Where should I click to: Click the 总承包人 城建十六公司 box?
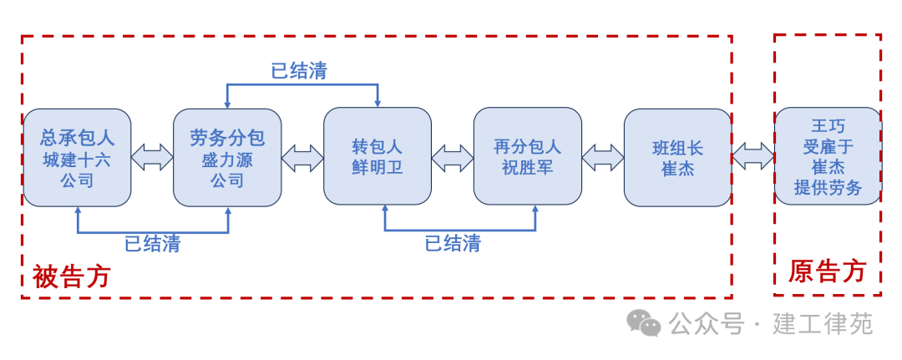(77, 157)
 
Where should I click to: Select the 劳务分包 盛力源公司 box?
(227, 157)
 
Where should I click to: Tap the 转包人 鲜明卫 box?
(378, 157)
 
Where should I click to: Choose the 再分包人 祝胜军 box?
(527, 157)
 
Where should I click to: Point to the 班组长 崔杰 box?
(677, 157)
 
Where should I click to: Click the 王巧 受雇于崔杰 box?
(828, 156)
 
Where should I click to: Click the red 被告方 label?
(72, 276)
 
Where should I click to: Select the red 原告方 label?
(827, 271)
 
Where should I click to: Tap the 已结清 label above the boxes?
(299, 71)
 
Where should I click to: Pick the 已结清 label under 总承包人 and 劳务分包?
(153, 244)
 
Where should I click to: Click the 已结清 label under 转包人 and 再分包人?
(453, 244)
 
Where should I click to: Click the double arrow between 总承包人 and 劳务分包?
(152, 157)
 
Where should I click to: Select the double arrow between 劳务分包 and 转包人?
(302, 157)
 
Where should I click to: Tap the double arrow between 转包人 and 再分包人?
(453, 157)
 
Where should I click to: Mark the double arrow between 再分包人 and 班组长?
(602, 157)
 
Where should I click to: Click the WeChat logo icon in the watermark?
(644, 322)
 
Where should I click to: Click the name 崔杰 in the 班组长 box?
(677, 168)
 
